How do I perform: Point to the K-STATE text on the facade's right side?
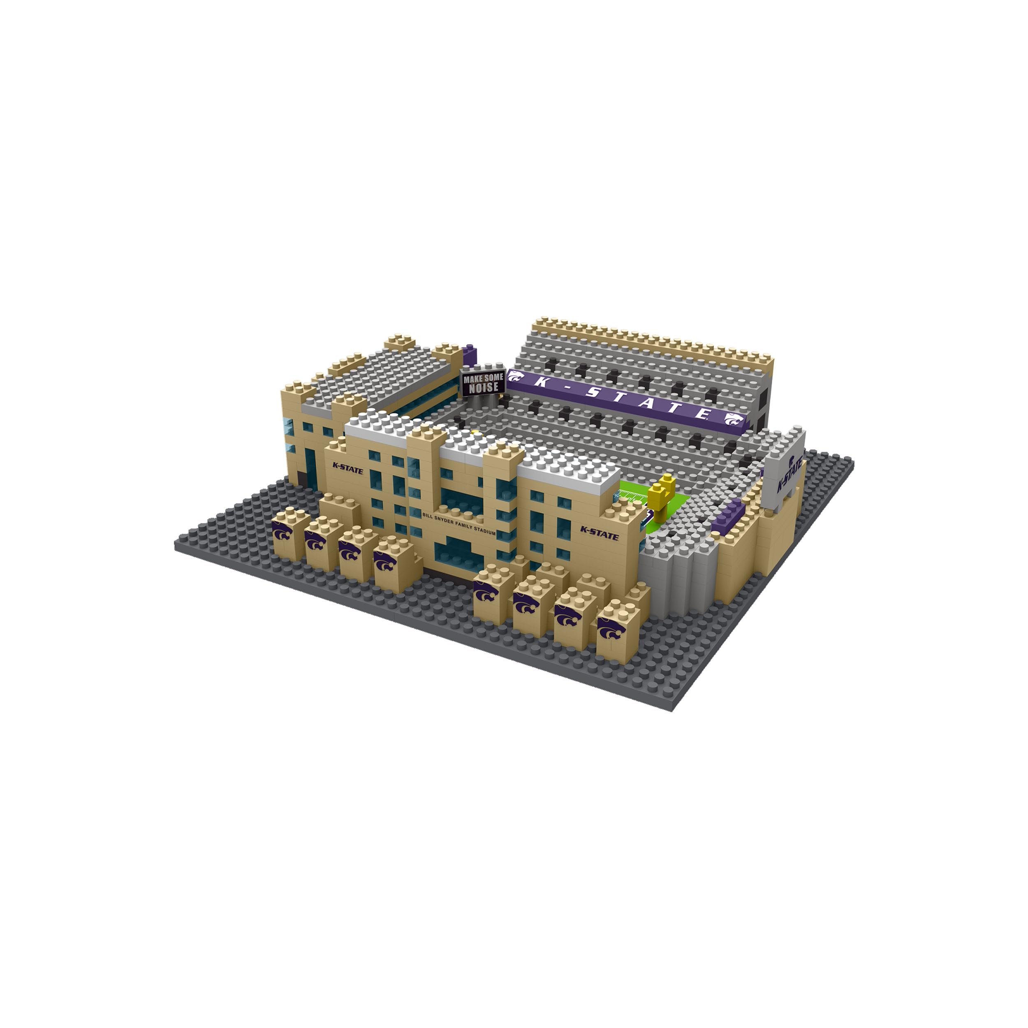pos(599,534)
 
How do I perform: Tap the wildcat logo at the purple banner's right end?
pos(735,420)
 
